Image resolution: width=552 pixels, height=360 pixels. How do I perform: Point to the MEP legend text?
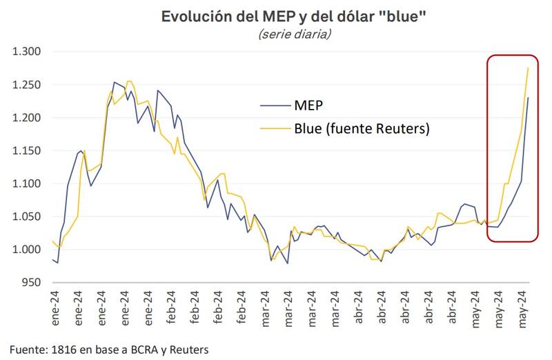click(x=309, y=106)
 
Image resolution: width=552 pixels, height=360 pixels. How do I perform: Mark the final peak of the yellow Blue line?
click(x=528, y=68)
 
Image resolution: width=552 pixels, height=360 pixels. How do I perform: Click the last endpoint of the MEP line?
click(x=528, y=97)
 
